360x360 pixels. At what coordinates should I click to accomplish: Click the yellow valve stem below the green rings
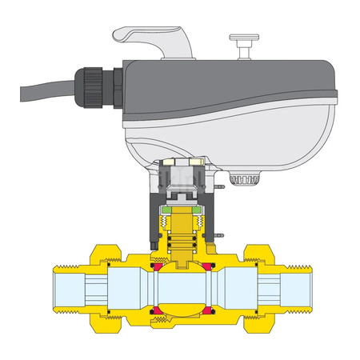click(x=182, y=240)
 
